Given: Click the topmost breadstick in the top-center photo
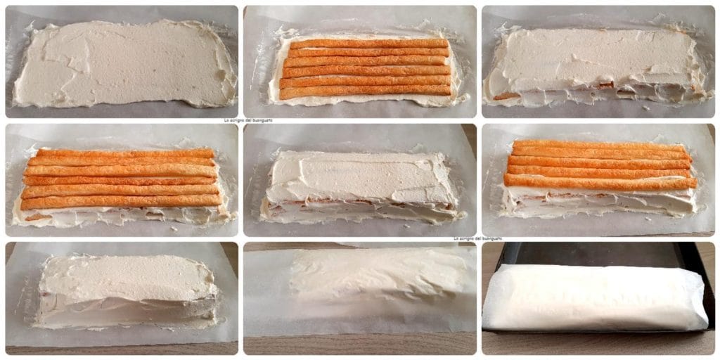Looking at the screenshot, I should (x=368, y=44).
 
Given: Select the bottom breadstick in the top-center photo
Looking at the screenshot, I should (x=366, y=91).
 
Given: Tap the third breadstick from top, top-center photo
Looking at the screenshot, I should (x=367, y=62).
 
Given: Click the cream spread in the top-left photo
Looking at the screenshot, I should (x=123, y=63).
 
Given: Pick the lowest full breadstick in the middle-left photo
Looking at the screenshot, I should (x=121, y=202).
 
